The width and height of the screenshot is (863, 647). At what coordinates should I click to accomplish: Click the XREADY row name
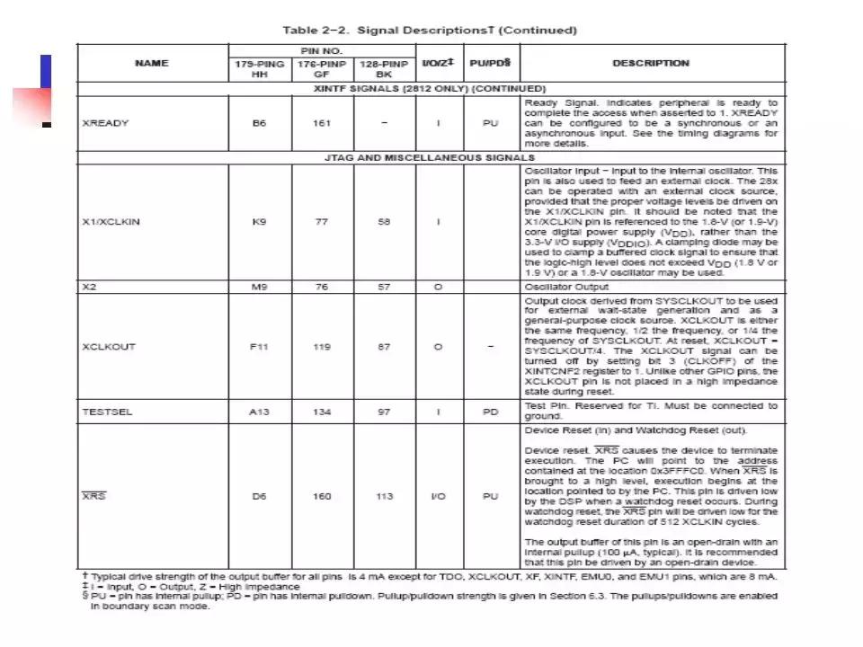[x=105, y=123]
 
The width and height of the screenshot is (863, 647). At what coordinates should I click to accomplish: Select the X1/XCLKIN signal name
[x=111, y=221]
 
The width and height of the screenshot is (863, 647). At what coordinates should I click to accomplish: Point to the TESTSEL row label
[x=107, y=412]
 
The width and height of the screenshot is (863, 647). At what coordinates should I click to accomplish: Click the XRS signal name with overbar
[x=93, y=496]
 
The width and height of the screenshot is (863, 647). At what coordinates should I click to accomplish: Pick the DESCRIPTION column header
[x=651, y=63]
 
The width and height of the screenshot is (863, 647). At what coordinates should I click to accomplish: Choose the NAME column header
[x=151, y=63]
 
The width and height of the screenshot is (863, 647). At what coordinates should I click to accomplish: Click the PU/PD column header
[x=490, y=63]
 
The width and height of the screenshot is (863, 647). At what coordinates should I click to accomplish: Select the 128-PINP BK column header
[x=384, y=69]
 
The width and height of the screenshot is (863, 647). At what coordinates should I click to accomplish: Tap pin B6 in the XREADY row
[x=259, y=123]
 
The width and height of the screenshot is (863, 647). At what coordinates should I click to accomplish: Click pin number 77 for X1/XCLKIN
[x=321, y=221]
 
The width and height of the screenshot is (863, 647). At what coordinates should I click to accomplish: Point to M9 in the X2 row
[x=259, y=288]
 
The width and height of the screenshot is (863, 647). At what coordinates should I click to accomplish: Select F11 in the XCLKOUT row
[x=259, y=346]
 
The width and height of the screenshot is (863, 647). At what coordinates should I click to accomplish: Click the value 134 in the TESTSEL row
[x=321, y=412]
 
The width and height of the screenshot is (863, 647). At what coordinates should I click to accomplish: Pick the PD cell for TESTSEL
[x=490, y=412]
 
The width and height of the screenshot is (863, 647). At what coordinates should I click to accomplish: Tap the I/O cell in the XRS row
[x=439, y=496]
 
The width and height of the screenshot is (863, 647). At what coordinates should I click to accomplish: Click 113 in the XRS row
[x=384, y=496]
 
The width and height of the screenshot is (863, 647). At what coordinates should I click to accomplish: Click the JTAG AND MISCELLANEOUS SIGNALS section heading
[x=430, y=157]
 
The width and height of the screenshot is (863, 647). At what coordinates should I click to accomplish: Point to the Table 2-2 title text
[x=430, y=30]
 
